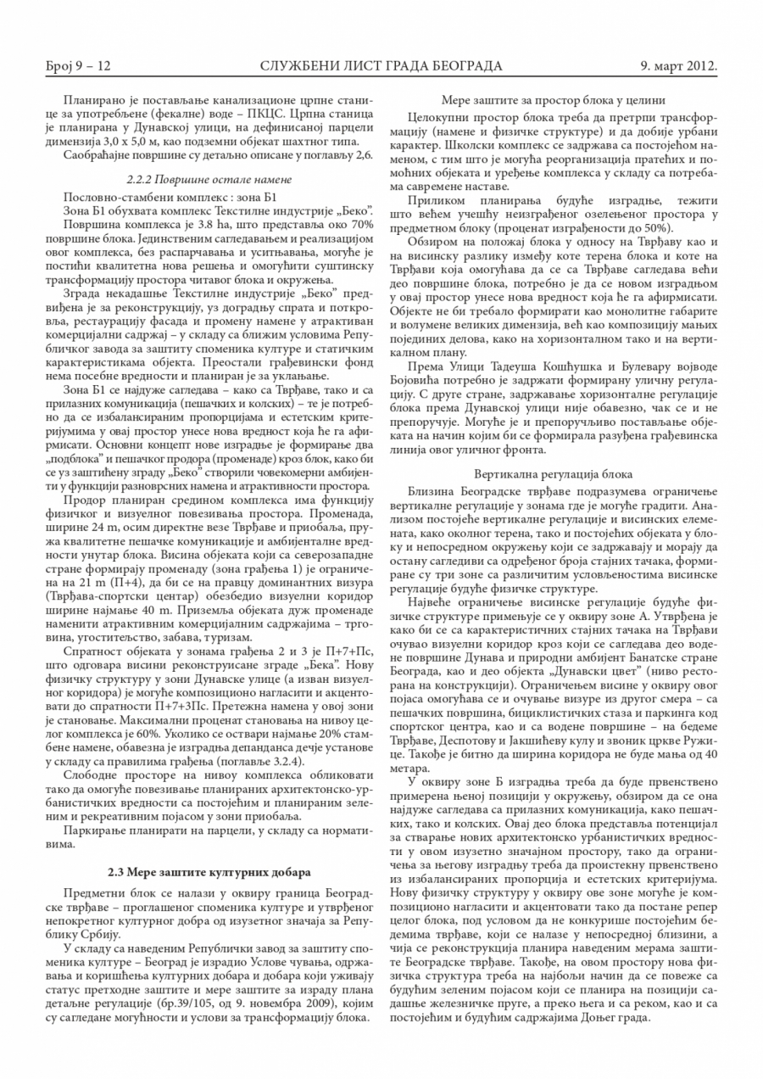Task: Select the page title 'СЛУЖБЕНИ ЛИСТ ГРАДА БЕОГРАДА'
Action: [x=381, y=65]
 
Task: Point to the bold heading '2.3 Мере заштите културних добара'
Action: [x=209, y=871]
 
